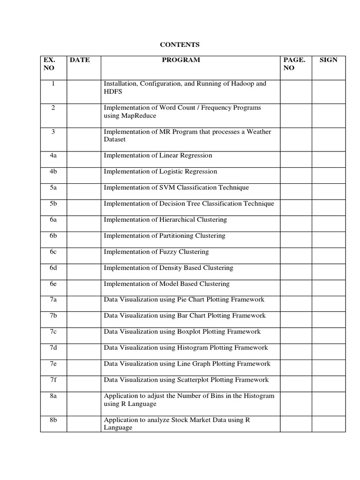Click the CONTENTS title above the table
click(x=180, y=45)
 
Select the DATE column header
click(x=79, y=60)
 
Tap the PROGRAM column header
click(x=181, y=60)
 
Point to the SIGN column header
click(x=328, y=60)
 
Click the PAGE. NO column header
click(x=294, y=64)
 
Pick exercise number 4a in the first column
click(x=53, y=156)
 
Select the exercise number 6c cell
click(x=53, y=252)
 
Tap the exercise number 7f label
click(x=53, y=380)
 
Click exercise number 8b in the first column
click(x=53, y=420)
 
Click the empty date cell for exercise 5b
click(x=84, y=204)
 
